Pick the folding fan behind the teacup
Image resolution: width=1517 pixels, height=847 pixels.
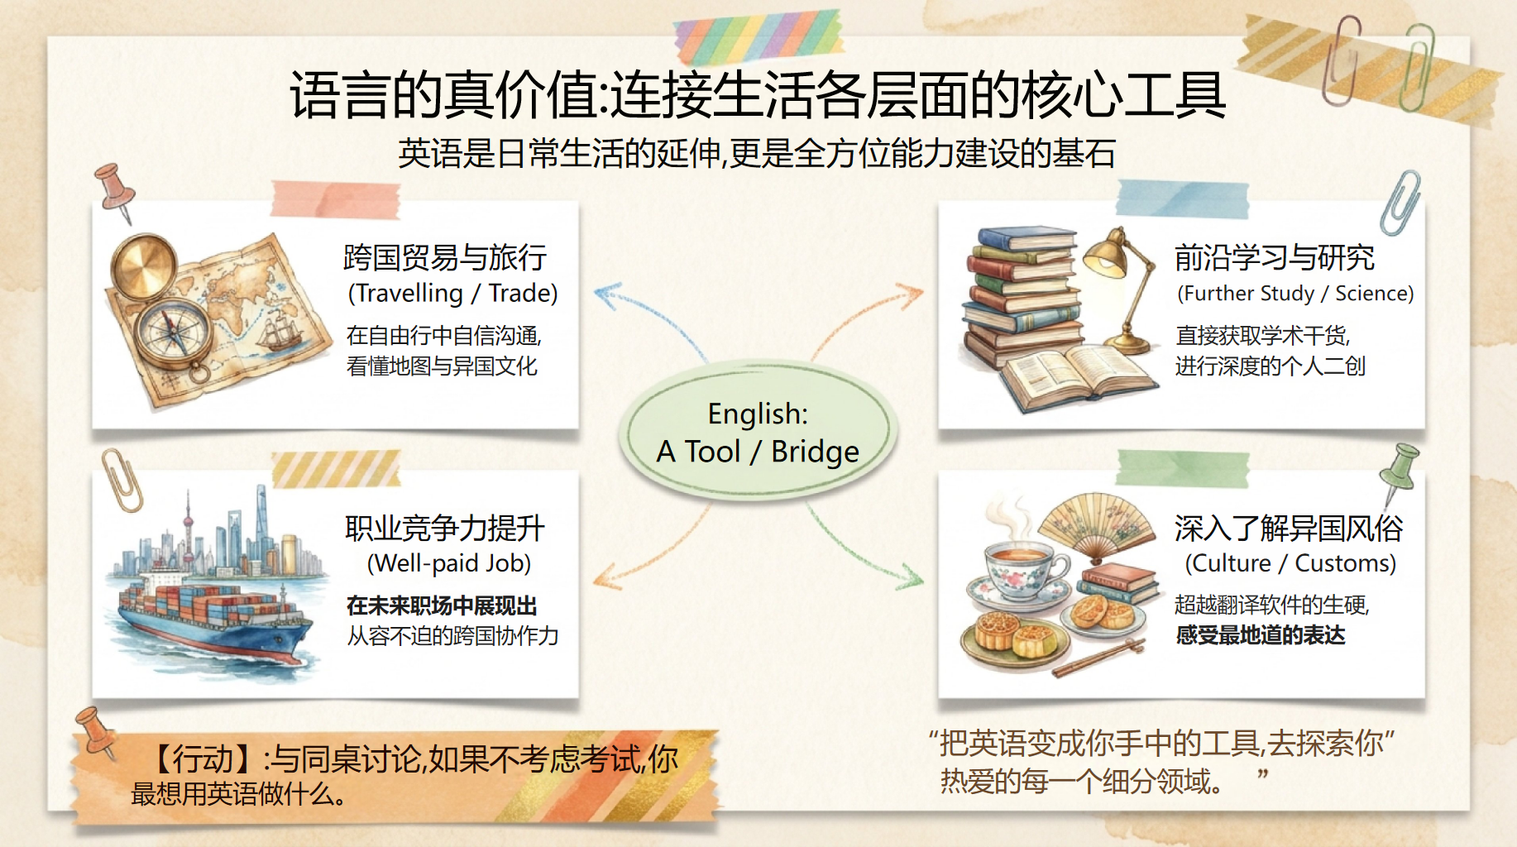(x=1096, y=529)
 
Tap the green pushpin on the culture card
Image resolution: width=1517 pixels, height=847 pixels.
(x=1399, y=471)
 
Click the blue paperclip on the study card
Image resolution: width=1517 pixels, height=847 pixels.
(x=1401, y=203)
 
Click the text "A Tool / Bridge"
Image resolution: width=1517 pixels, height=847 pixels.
(x=758, y=452)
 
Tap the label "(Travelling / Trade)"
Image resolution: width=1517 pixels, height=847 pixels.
(x=452, y=294)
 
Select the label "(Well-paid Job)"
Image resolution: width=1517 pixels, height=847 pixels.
(x=449, y=563)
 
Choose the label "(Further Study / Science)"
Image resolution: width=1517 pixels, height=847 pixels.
(x=1295, y=294)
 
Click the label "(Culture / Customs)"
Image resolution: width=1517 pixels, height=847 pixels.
(x=1290, y=563)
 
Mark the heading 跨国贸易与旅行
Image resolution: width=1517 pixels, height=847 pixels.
(x=445, y=257)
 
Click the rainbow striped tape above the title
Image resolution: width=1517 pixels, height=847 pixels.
(x=758, y=37)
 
